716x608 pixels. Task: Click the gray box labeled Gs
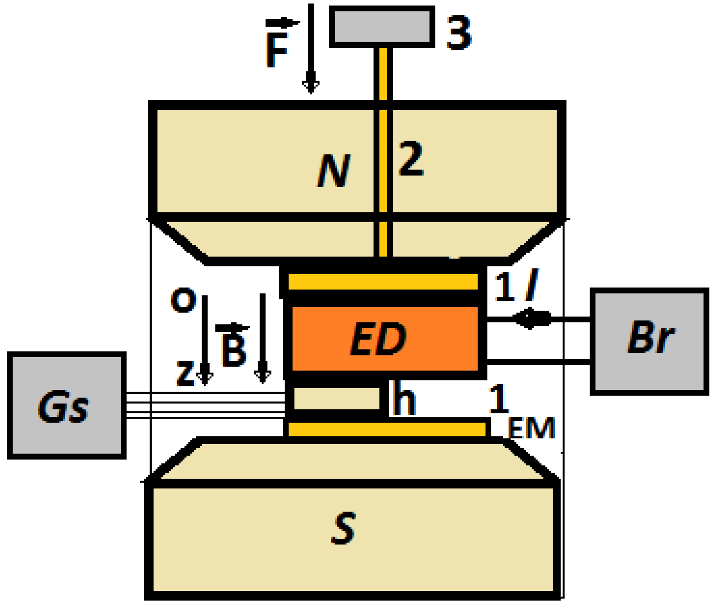(67, 405)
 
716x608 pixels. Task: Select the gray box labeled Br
(649, 341)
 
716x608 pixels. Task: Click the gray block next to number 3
(382, 26)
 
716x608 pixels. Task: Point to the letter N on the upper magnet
(334, 171)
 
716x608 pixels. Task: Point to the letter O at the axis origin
(184, 300)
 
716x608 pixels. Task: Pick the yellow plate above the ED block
(382, 282)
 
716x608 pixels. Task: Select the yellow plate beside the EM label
(386, 429)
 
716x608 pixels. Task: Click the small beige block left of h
(337, 398)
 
